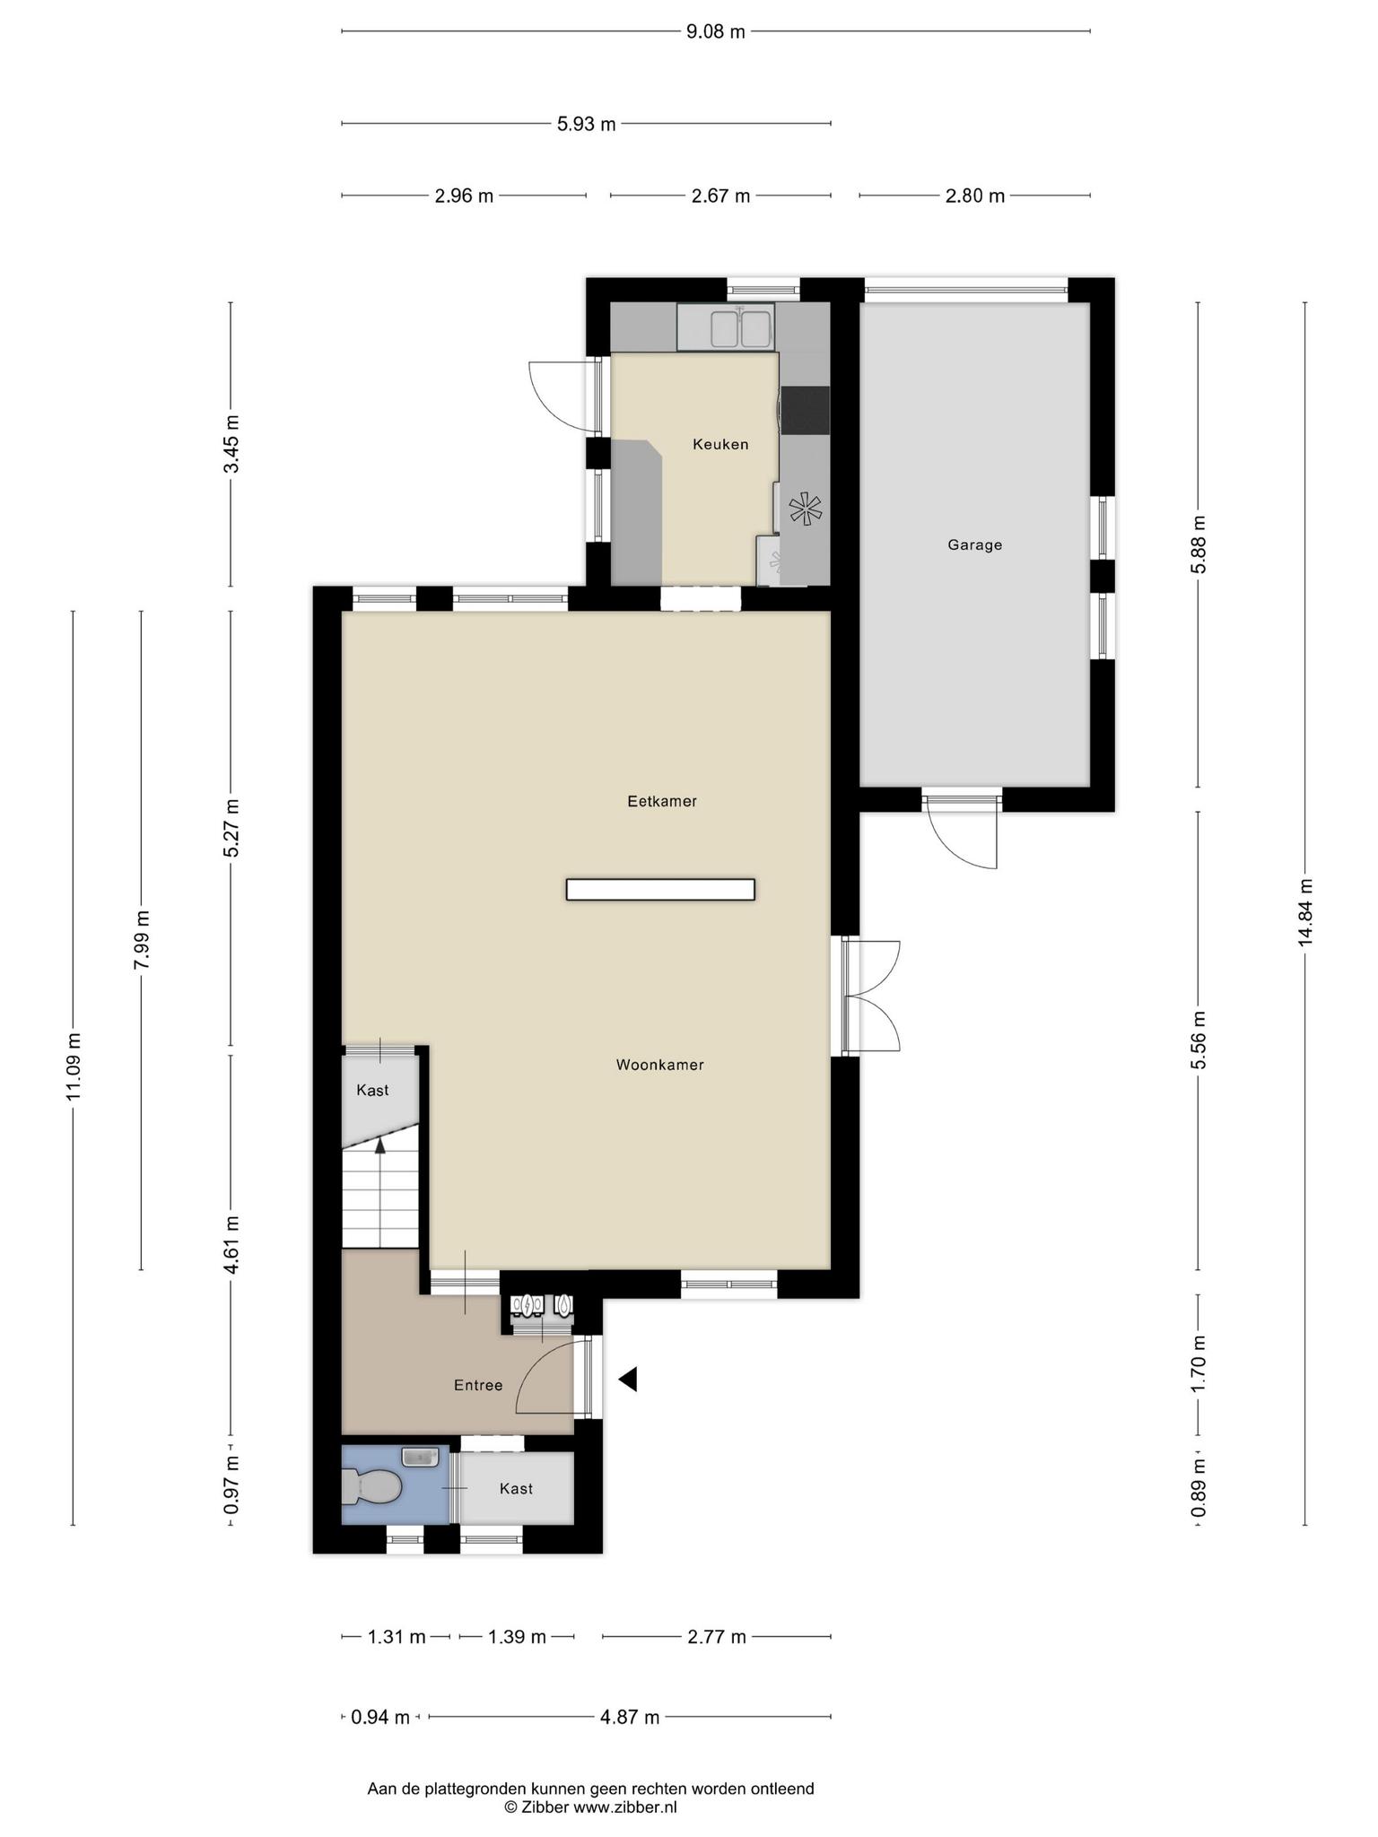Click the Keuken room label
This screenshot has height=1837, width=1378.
720,444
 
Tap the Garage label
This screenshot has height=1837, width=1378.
975,544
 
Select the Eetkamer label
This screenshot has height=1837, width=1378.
662,801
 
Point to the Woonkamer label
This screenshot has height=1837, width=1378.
660,1065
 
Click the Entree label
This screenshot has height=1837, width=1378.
478,1385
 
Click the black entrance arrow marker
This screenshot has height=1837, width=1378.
628,1380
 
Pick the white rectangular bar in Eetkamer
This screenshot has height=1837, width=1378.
660,889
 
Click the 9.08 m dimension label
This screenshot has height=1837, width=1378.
716,32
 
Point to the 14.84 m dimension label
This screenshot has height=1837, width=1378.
1305,911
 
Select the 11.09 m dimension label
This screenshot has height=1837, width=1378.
74,1067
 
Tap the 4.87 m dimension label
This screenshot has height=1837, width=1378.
630,1717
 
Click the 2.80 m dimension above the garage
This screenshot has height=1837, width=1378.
975,196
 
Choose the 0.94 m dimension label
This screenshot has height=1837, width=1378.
380,1717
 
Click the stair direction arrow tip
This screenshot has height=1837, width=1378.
380,1136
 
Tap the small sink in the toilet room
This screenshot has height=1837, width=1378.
420,1457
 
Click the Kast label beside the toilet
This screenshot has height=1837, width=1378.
516,1488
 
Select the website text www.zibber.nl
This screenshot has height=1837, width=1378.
624,1807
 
